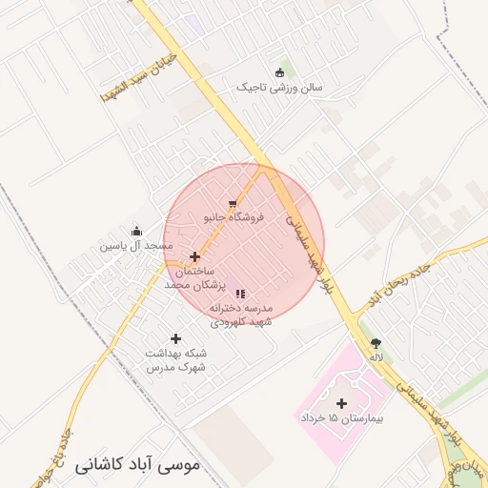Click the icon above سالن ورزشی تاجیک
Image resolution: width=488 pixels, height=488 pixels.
[279, 73]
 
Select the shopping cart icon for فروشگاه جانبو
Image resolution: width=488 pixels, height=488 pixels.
[233, 204]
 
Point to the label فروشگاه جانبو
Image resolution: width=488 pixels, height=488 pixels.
[230, 217]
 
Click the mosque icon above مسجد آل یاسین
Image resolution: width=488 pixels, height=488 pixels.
[137, 231]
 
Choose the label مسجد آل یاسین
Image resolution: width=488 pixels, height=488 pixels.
[137, 246]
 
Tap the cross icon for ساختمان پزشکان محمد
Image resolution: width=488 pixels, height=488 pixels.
[195, 256]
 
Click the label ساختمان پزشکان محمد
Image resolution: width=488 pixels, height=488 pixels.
[194, 278]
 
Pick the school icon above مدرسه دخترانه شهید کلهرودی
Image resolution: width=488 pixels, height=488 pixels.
[240, 295]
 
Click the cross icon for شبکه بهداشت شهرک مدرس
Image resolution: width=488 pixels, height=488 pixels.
[175, 338]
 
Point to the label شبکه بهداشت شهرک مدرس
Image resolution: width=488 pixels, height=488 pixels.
[175, 359]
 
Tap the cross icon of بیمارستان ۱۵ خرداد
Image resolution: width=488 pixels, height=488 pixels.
[342, 403]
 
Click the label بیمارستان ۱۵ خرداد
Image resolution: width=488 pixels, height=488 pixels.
[340, 418]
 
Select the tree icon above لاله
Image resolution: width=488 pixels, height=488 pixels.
[376, 342]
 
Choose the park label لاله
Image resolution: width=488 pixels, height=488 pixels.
[376, 356]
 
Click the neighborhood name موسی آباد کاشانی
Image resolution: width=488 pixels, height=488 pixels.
[135, 466]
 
